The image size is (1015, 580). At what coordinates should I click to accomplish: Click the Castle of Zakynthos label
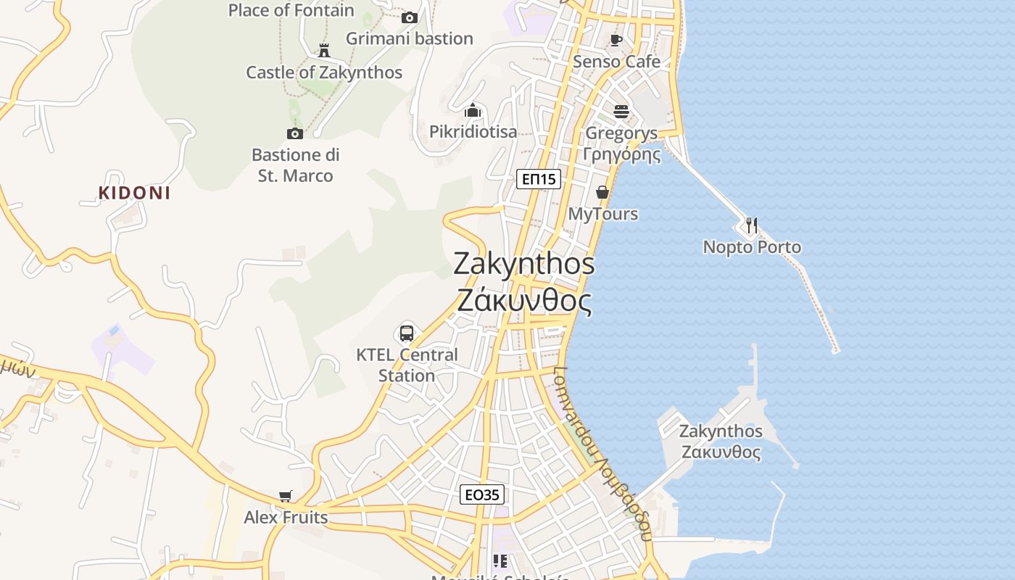pyautogui.click(x=324, y=72)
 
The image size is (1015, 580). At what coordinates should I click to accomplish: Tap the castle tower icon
pyautogui.click(x=324, y=50)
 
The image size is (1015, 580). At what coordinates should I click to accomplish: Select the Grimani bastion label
pyautogui.click(x=409, y=38)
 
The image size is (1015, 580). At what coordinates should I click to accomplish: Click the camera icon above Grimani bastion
pyautogui.click(x=410, y=17)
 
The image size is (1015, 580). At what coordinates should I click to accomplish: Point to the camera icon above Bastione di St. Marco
pyautogui.click(x=294, y=133)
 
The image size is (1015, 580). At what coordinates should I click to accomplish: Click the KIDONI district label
pyautogui.click(x=135, y=193)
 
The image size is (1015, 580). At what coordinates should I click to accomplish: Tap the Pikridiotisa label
pyautogui.click(x=473, y=131)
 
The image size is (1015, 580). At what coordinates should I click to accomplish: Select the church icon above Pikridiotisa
pyautogui.click(x=473, y=111)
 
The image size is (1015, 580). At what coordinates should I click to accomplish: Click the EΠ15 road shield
pyautogui.click(x=539, y=178)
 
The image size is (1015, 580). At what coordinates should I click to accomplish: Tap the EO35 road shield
pyautogui.click(x=482, y=495)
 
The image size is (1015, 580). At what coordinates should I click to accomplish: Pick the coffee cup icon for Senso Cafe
pyautogui.click(x=616, y=40)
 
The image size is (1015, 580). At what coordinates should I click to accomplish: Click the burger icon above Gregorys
pyautogui.click(x=621, y=112)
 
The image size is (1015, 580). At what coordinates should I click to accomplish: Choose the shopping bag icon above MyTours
pyautogui.click(x=602, y=192)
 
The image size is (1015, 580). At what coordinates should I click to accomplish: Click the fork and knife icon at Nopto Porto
pyautogui.click(x=752, y=225)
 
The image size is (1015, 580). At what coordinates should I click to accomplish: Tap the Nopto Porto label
pyautogui.click(x=752, y=247)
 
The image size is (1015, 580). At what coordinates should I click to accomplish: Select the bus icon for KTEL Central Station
pyautogui.click(x=407, y=333)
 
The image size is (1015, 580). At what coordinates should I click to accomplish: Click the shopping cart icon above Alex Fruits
pyautogui.click(x=286, y=497)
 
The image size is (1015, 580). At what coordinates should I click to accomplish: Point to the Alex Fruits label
pyautogui.click(x=286, y=518)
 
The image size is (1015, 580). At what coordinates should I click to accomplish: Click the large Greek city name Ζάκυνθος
pyautogui.click(x=524, y=300)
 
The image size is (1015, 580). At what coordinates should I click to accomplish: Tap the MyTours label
pyautogui.click(x=602, y=214)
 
